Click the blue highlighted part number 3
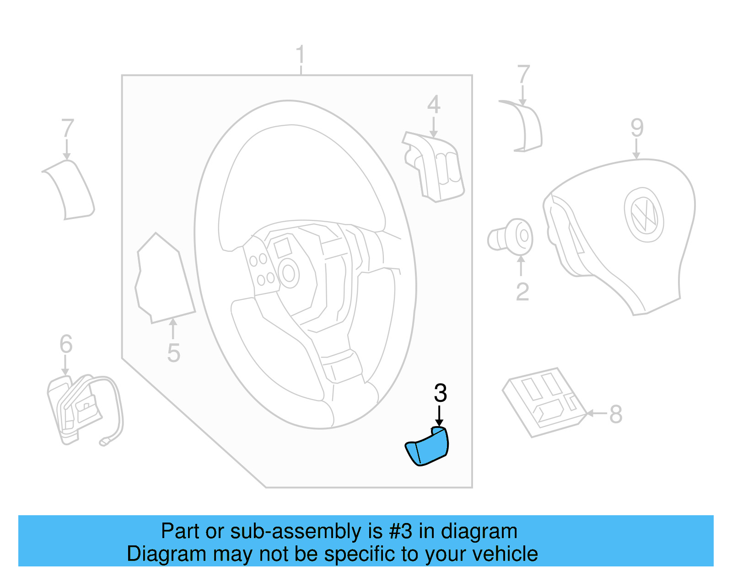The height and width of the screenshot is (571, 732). tap(428, 447)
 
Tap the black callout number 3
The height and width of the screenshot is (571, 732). tap(440, 393)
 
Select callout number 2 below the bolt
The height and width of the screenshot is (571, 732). tap(522, 292)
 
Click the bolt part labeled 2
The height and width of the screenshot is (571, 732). tap(511, 237)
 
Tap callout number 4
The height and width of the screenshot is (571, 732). tap(434, 105)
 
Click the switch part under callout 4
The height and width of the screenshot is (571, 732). tap(435, 167)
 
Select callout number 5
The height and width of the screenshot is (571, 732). tap(173, 353)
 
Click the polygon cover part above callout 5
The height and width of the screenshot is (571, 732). tap(165, 279)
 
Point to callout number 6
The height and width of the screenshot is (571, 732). tap(66, 344)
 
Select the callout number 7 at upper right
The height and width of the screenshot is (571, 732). tap(523, 74)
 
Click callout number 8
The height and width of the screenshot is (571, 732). tap(615, 414)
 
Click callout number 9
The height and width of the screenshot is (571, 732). tap(637, 128)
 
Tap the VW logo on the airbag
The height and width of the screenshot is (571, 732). tap(644, 214)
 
